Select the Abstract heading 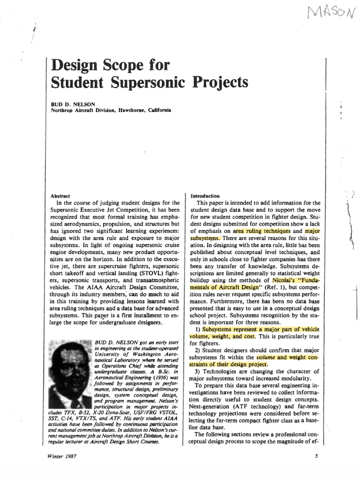click(x=60, y=196)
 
